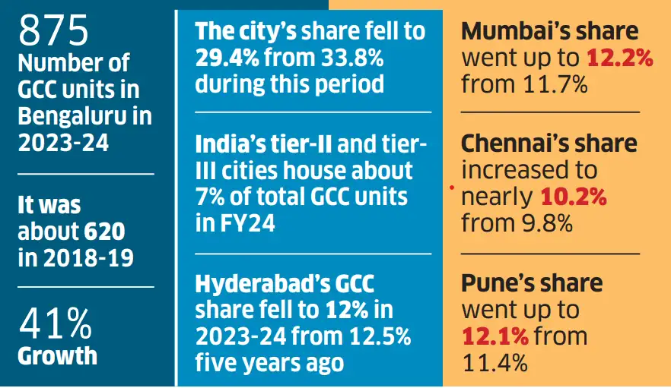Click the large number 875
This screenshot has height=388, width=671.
54,30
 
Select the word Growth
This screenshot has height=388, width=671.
58,355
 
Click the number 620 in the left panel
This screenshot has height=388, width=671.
104,231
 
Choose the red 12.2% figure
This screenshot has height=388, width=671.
619,57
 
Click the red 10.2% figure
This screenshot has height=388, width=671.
573,197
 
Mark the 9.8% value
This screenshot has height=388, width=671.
545,223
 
